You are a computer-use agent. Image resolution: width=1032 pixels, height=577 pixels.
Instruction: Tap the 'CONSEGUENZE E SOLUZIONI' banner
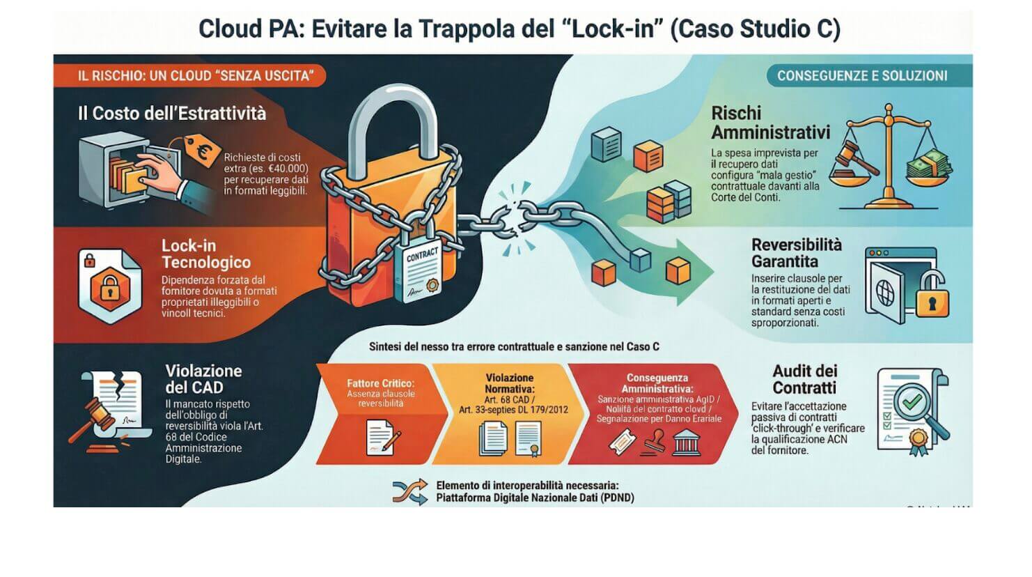click(x=862, y=76)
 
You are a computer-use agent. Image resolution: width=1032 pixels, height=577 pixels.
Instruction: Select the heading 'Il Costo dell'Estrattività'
click(x=172, y=114)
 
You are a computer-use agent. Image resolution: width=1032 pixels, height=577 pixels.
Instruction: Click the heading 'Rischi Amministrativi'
click(x=770, y=123)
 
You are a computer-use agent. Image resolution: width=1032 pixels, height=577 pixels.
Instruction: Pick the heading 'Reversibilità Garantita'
click(x=796, y=253)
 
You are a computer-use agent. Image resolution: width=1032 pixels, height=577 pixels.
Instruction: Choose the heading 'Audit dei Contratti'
click(x=804, y=380)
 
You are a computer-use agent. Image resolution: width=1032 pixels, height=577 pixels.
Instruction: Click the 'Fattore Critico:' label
click(x=380, y=383)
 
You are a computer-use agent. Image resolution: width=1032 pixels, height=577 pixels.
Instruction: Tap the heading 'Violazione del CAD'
click(x=203, y=379)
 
